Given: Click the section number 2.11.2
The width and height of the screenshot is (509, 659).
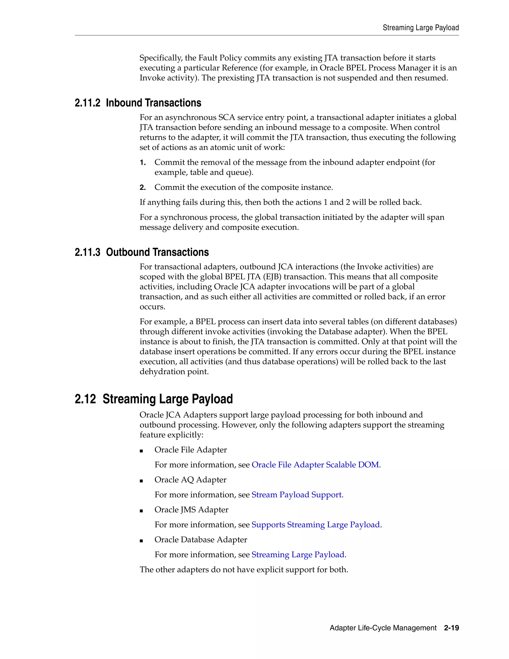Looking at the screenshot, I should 87,103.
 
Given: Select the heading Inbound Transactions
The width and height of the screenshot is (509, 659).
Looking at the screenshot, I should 154,103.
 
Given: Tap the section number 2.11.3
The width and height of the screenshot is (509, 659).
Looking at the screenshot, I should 87,252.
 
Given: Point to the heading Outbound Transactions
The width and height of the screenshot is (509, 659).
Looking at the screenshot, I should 157,252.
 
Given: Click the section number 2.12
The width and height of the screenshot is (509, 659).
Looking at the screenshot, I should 85,399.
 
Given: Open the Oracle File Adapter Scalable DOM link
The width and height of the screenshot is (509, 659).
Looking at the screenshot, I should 315,465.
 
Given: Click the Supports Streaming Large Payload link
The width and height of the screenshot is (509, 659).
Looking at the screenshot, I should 315,525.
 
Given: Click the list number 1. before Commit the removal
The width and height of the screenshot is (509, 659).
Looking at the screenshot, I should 143,163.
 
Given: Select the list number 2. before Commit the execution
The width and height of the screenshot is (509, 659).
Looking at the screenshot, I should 143,188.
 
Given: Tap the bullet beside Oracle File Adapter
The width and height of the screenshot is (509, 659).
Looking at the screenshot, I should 141,451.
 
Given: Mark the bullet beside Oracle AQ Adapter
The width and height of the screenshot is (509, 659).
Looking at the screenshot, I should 141,481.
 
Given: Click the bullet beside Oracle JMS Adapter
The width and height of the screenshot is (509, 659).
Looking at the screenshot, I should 141,511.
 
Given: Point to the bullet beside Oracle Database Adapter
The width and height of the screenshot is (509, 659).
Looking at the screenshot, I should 141,541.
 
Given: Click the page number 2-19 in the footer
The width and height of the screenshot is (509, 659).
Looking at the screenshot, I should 451,628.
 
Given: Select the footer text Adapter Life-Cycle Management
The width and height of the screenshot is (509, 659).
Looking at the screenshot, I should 383,628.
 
